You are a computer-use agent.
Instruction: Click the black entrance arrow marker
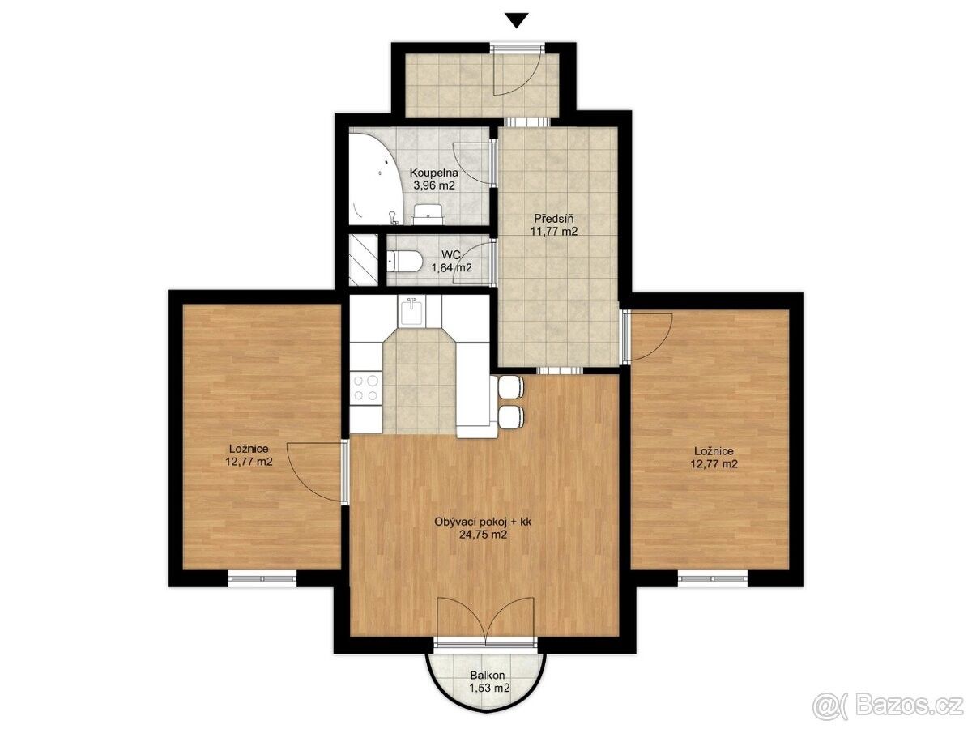click(x=516, y=21)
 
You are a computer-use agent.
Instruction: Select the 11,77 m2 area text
click(x=553, y=231)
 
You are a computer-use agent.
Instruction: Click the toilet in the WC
click(x=404, y=262)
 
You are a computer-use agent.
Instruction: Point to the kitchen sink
click(x=411, y=311)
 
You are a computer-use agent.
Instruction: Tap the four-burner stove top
click(x=366, y=387)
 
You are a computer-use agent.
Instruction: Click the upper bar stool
click(x=511, y=386)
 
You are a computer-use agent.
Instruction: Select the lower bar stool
click(x=511, y=417)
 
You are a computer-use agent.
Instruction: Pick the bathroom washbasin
click(x=428, y=214)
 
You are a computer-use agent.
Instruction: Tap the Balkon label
click(x=487, y=688)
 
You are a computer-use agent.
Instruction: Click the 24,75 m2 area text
click(x=483, y=535)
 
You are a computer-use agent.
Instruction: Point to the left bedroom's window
click(x=262, y=578)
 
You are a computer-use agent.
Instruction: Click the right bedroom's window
click(x=713, y=578)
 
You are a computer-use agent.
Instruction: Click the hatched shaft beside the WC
click(x=363, y=260)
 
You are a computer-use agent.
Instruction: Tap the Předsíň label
click(x=553, y=218)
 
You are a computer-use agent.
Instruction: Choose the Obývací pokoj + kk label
click(x=483, y=522)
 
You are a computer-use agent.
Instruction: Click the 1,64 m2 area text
click(x=452, y=267)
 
